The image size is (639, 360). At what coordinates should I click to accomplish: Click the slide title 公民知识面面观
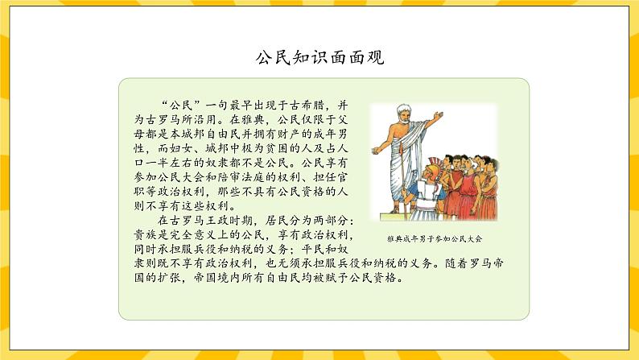pyautogui.click(x=319, y=57)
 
